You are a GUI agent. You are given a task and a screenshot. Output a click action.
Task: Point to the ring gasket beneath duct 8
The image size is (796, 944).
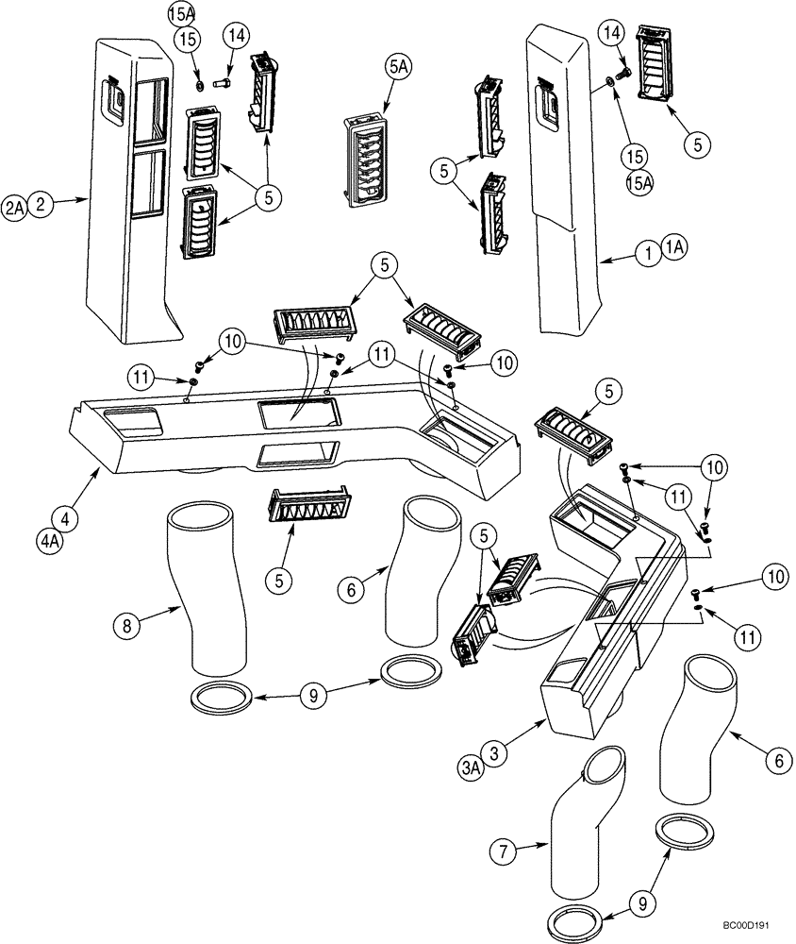(x=223, y=700)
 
